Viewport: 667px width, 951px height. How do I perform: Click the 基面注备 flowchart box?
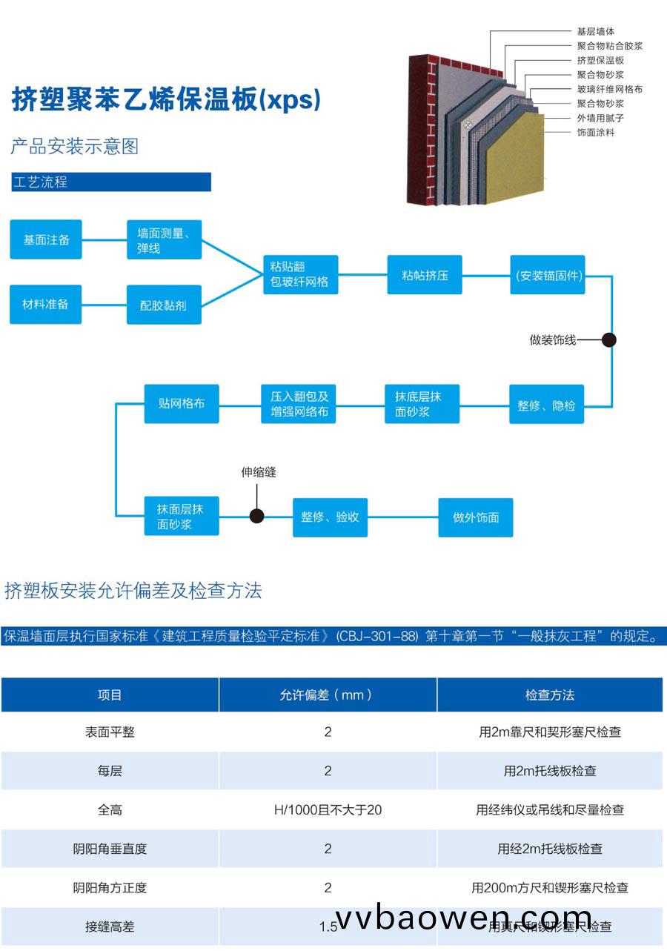coord(46,239)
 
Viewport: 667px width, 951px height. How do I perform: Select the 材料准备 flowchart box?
coord(46,304)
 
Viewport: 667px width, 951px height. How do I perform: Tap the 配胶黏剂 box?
coord(164,305)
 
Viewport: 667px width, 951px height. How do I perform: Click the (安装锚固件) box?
coord(549,275)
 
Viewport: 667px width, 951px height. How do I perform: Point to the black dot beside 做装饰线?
coord(609,340)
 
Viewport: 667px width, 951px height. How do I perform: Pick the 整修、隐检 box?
coord(546,405)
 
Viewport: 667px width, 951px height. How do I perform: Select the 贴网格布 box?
coord(182,404)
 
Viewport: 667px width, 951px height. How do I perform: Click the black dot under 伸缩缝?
coord(256,516)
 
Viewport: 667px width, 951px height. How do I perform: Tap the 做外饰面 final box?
coord(476,517)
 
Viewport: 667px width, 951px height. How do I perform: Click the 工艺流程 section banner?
coord(111,182)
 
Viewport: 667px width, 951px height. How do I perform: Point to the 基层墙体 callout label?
coord(595,32)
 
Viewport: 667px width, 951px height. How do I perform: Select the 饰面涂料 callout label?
coord(595,133)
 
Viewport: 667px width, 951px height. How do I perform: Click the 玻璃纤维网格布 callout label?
coord(609,89)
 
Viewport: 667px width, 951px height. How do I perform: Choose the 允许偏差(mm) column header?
coord(328,695)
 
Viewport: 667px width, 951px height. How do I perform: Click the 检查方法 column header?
coord(550,695)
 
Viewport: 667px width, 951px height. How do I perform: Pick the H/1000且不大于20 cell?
coord(328,810)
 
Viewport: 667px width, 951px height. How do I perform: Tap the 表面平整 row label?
coord(110,732)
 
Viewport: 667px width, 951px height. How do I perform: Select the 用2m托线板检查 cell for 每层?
coord(550,771)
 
